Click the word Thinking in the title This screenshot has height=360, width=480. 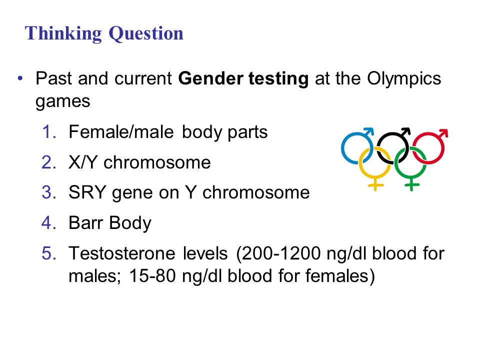pos(63,33)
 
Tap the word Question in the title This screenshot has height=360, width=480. pos(146,33)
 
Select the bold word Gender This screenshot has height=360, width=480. pos(210,78)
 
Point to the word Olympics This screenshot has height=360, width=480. pos(404,79)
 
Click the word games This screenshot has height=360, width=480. pos(63,102)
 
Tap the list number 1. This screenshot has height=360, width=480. pos(49,132)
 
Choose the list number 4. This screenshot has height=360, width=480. pos(49,223)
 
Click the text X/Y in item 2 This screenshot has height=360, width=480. pos(82,162)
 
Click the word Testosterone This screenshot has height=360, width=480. pos(122,253)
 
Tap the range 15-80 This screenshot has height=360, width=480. pos(152,276)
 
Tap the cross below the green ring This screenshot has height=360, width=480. pos(411,185)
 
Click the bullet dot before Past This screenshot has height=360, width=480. pos(20,78)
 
